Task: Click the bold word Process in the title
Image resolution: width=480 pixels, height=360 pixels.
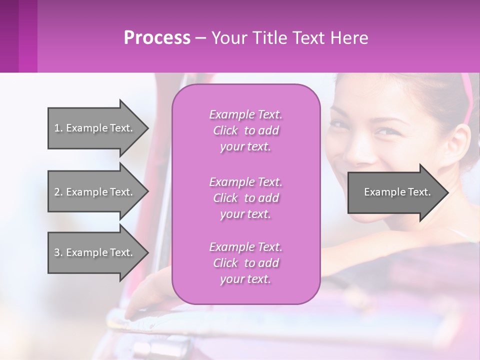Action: (157, 38)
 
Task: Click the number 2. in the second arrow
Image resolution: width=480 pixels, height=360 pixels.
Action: (58, 192)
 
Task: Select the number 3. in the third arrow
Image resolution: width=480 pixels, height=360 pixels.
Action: (58, 252)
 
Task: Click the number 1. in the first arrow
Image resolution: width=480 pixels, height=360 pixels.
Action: (58, 128)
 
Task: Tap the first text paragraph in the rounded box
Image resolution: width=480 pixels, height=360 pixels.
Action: (245, 130)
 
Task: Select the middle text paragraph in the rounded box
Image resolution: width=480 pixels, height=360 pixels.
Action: (245, 198)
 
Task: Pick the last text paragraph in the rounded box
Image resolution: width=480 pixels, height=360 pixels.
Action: (245, 263)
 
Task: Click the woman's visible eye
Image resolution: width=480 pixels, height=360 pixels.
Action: (384, 131)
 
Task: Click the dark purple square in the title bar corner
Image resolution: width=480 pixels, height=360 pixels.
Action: (18, 36)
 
